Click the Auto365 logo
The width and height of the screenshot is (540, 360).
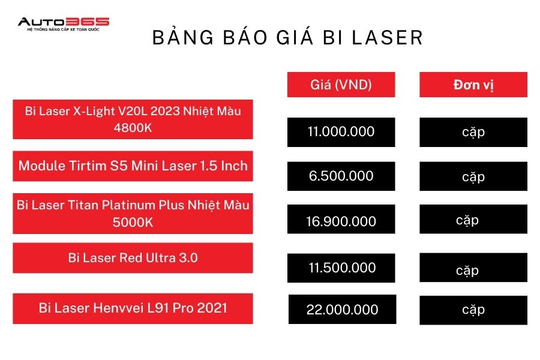(x=64, y=24)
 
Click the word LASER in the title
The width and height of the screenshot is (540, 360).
(x=387, y=38)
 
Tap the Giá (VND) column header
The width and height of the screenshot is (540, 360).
(x=341, y=85)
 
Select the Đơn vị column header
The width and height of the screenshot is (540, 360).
(x=473, y=85)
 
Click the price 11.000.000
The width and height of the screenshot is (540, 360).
(x=341, y=132)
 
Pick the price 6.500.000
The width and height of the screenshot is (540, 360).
(x=341, y=176)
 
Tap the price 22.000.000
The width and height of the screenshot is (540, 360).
(x=343, y=310)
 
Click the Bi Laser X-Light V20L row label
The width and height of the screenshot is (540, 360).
(x=133, y=119)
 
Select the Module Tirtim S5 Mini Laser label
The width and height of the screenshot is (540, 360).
(x=133, y=166)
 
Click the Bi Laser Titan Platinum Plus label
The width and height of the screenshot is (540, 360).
(x=133, y=213)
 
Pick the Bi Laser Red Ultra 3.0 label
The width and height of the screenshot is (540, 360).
(x=133, y=257)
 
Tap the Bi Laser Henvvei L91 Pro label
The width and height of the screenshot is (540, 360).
(x=133, y=308)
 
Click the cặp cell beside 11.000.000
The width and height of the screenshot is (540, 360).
(x=473, y=132)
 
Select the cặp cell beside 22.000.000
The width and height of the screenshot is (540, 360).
(x=473, y=310)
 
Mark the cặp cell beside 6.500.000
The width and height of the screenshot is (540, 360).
(x=473, y=176)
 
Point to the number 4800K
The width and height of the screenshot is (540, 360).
(x=133, y=128)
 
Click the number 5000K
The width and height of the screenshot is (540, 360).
(x=133, y=222)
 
